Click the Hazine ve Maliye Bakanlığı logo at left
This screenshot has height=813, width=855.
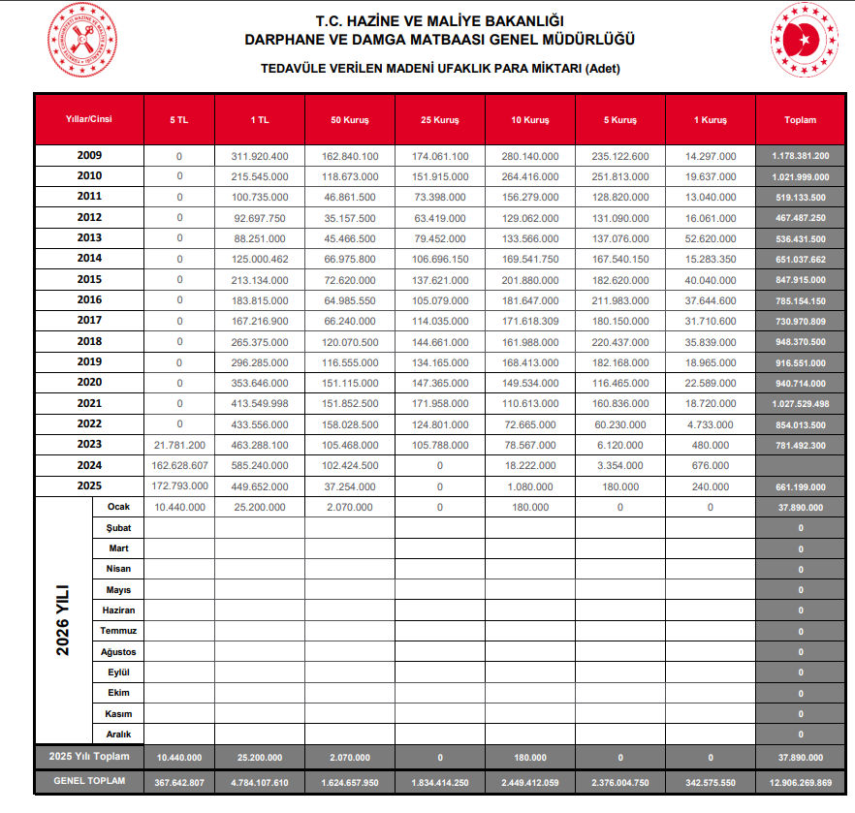80,40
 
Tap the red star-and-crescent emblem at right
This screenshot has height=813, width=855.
804,40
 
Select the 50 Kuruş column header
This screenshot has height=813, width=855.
349,120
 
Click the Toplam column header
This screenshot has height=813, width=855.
800,120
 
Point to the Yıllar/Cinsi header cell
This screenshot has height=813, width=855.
89,120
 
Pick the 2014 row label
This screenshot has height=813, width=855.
89,258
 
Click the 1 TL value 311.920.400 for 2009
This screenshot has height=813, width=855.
259,156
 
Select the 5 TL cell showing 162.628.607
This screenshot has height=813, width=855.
179,464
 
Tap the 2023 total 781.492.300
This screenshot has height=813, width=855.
800,444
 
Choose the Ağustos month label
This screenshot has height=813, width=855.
118,652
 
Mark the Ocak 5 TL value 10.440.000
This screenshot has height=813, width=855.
179,507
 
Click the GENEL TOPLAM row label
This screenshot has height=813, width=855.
89,781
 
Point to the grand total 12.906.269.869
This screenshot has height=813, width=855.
800,782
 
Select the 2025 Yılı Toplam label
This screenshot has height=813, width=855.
89,756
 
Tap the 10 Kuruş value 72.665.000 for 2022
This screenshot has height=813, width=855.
530,423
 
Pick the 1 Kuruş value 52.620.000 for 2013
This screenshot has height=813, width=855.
711,238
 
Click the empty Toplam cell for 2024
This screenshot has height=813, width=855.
800,464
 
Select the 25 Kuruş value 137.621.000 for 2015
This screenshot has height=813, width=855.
439,279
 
